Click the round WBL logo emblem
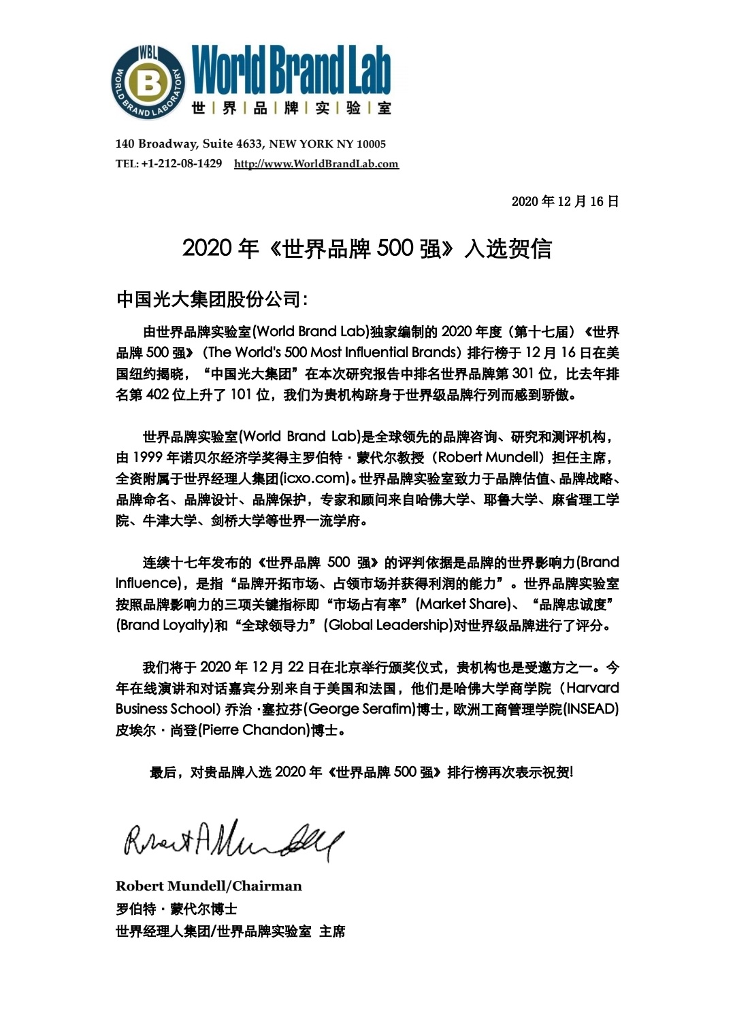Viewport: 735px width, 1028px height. coord(148,83)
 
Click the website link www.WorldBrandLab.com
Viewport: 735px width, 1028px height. coord(316,164)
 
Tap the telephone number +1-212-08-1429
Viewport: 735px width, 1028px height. coord(181,164)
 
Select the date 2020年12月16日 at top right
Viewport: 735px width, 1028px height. coord(565,201)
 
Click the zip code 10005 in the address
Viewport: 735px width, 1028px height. coord(371,144)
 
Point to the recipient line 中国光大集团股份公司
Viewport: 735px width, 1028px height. coord(211,299)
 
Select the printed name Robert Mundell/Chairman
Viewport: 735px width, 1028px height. coord(208,886)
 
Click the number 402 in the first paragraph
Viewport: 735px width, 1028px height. coord(157,395)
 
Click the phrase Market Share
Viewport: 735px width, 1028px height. coord(463,604)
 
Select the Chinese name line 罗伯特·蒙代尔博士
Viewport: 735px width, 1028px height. coord(176,909)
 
